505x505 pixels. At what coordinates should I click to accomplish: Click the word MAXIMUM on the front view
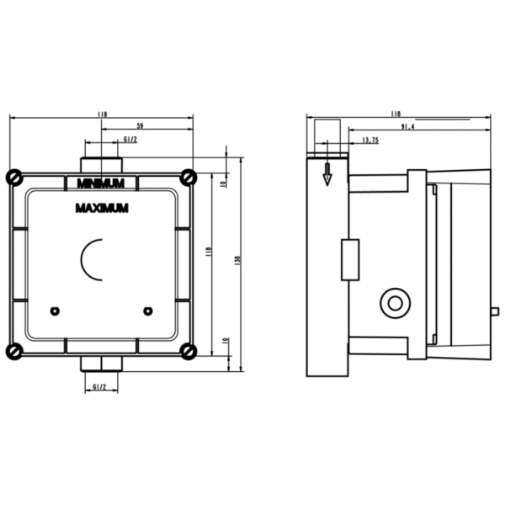[101, 207]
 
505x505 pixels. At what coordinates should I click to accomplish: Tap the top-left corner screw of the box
[14, 177]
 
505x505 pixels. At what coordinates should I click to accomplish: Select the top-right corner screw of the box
[189, 177]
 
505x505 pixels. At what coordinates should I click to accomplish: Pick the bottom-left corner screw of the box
[14, 351]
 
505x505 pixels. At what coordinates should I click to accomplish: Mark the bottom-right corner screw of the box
[189, 351]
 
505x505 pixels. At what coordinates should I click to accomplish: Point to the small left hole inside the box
[55, 311]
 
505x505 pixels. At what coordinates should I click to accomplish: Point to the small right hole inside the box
[148, 311]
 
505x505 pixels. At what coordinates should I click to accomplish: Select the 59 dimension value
[140, 125]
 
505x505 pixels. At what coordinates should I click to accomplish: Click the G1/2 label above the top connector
[130, 140]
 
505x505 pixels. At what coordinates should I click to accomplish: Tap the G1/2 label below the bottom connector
[98, 387]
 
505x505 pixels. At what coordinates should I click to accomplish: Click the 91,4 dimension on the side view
[407, 126]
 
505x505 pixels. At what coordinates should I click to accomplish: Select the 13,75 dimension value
[369, 140]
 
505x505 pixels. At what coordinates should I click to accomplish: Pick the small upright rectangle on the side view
[349, 259]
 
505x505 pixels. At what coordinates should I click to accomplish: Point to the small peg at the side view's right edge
[495, 311]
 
